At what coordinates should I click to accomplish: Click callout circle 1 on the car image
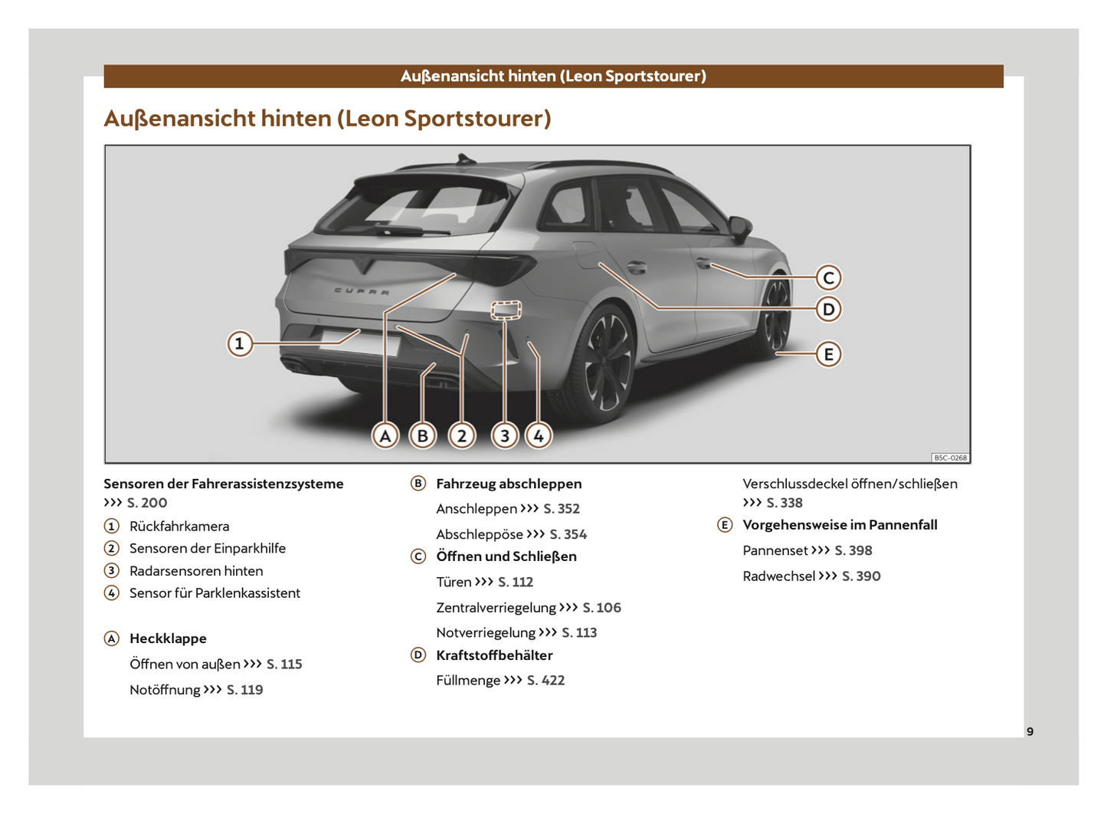coord(240,343)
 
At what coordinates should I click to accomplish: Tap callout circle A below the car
coord(385,435)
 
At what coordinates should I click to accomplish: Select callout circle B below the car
coord(422,435)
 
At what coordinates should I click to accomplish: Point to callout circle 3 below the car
coord(504,435)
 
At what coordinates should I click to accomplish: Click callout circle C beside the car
coord(828,277)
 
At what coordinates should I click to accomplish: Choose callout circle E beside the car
coord(828,354)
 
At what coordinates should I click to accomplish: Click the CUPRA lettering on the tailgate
coord(362,291)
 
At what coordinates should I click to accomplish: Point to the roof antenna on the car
coord(463,159)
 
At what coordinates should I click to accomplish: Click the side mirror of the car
coord(740,226)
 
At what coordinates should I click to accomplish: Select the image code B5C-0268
coord(950,458)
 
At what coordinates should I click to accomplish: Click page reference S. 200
coord(147,503)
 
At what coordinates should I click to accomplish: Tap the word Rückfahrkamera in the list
coord(179,527)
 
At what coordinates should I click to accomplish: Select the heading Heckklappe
coord(168,638)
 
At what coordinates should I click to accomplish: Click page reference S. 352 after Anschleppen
coord(562,509)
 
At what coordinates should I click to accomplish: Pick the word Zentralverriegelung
coord(496,608)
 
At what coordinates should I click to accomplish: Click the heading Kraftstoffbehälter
coord(494,655)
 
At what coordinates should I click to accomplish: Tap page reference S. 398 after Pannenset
coord(853,550)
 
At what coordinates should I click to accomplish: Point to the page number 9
coord(1030,731)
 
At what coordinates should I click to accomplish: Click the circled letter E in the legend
coord(725,525)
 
